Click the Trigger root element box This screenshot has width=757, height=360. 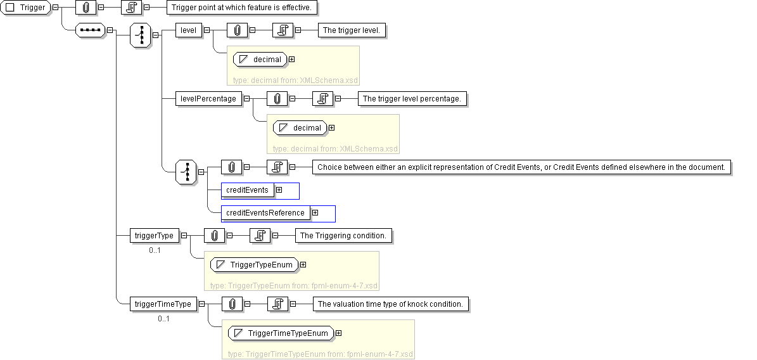26,8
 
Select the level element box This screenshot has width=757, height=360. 189,30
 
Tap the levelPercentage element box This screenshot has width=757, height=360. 208,98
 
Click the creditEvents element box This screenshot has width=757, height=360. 247,190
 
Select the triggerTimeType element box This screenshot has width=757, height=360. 163,304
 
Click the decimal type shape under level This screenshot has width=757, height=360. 260,59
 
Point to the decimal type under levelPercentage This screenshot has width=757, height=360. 300,127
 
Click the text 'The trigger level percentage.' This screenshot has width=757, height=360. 413,98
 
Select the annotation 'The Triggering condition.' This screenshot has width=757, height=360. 343,235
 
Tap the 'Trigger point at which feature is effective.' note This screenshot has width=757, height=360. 241,8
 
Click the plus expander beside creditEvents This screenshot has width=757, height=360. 279,190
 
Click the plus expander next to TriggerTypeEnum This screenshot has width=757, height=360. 303,264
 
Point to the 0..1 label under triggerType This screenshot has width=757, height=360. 155,250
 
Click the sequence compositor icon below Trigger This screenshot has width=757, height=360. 89,30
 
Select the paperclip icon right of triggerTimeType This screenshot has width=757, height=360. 232,304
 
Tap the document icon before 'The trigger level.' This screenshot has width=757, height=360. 282,30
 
